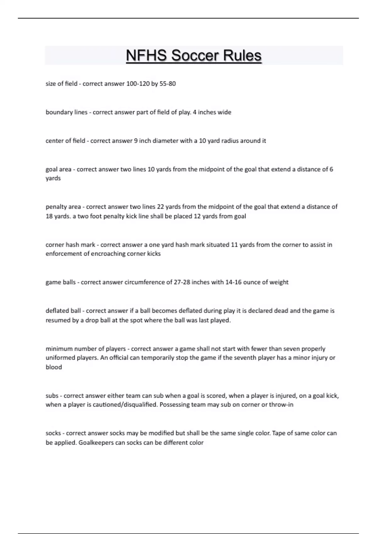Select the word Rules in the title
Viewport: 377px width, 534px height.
click(242, 56)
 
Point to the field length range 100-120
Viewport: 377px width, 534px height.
click(138, 84)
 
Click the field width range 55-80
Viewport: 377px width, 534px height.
click(167, 84)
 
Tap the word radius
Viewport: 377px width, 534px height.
click(230, 141)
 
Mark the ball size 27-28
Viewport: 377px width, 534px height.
click(182, 282)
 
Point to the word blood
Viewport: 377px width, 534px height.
click(54, 367)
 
